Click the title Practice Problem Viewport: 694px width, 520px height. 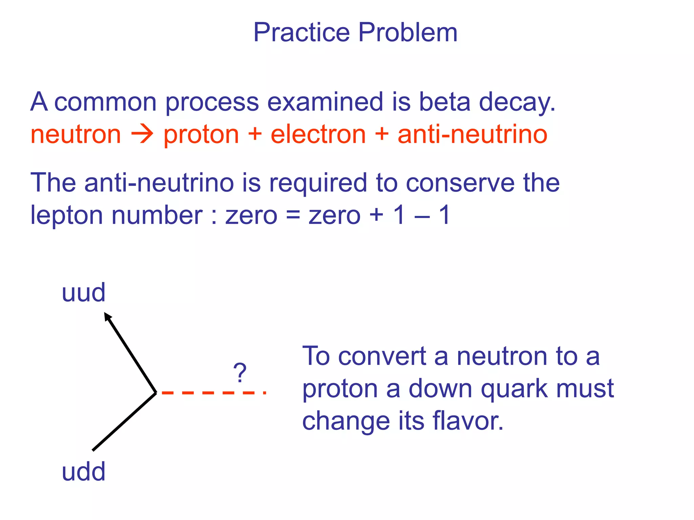pos(355,32)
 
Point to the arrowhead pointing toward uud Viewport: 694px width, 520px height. pos(108,317)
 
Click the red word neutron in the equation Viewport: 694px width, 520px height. pos(76,134)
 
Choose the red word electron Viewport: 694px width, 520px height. pos(318,134)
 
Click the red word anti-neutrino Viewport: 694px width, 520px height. pos(472,134)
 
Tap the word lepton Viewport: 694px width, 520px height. pos(66,216)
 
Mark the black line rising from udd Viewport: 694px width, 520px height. pos(124,422)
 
